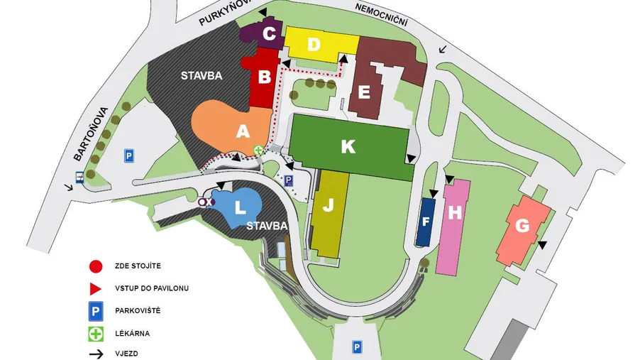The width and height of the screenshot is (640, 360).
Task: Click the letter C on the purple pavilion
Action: pyautogui.click(x=269, y=33)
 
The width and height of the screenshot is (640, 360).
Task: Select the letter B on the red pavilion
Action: pyautogui.click(x=264, y=77)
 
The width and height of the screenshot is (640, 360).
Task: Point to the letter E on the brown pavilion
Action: pyautogui.click(x=365, y=93)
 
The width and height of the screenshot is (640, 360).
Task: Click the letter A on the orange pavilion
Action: pyautogui.click(x=243, y=131)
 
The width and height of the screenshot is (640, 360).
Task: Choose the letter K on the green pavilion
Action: pyautogui.click(x=348, y=146)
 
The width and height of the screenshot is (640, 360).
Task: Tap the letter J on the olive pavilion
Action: pyautogui.click(x=328, y=207)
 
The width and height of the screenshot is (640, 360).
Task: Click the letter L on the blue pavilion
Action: pyautogui.click(x=240, y=207)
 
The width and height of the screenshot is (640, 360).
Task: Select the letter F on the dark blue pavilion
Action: pyautogui.click(x=426, y=222)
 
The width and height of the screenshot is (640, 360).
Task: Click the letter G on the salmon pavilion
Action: pyautogui.click(x=522, y=227)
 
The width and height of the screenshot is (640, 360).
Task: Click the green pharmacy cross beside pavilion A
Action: pyautogui.click(x=259, y=151)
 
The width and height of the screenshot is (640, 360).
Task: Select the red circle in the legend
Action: pyautogui.click(x=95, y=266)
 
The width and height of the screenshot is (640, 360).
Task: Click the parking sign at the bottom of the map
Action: pyautogui.click(x=358, y=347)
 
